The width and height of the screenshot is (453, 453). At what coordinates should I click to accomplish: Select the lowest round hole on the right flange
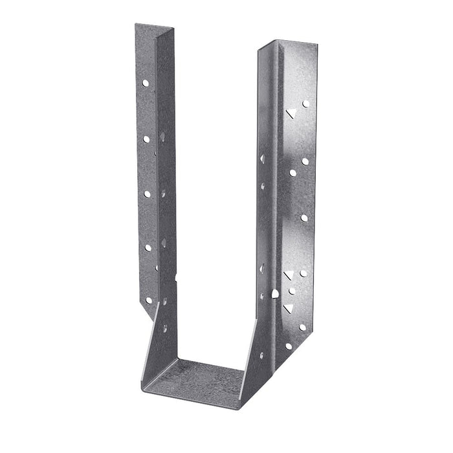pyautogui.click(x=289, y=346)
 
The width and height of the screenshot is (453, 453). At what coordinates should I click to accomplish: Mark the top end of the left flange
pyautogui.click(x=155, y=27)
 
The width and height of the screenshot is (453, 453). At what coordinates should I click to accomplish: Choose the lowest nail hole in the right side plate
pyautogui.click(x=259, y=355)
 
